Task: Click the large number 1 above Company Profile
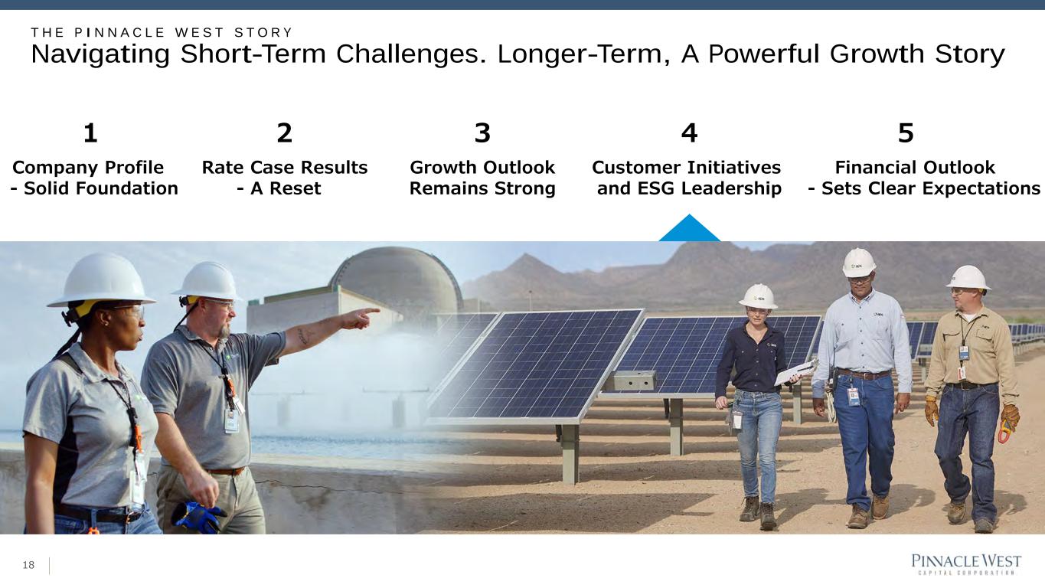click(90, 133)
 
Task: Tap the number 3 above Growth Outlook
click(482, 133)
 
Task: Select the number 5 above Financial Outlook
click(906, 133)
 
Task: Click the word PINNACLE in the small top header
click(119, 33)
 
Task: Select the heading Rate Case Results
click(285, 167)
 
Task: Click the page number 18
click(28, 565)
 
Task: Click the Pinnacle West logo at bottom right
click(966, 564)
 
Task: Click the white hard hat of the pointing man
click(208, 281)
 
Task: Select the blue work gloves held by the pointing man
click(198, 517)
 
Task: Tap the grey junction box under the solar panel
click(630, 381)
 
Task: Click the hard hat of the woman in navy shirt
click(758, 296)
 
